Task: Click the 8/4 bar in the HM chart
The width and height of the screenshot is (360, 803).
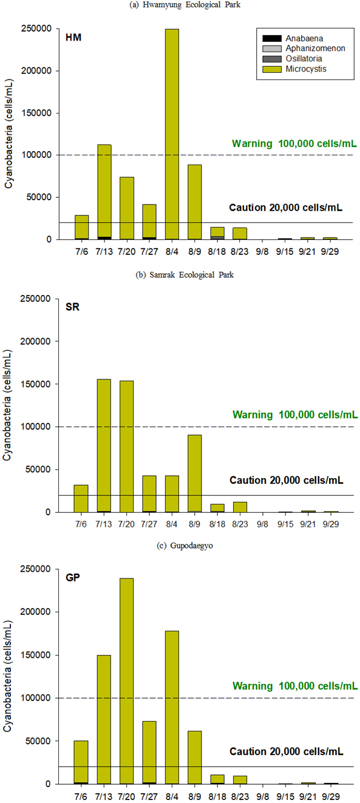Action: click(172, 134)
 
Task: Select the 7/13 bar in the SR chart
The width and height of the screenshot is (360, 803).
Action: click(104, 446)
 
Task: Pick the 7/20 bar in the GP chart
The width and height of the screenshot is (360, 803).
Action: click(126, 681)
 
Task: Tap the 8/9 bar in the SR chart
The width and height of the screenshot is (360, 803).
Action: click(194, 473)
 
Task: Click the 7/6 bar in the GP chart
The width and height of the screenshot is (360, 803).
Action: click(81, 762)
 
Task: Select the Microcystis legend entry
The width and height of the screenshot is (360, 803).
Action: click(294, 69)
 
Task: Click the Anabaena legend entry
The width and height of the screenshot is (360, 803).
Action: click(293, 38)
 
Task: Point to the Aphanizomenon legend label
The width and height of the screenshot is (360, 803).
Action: click(315, 49)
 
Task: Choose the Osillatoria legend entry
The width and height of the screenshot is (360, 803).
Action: click(292, 58)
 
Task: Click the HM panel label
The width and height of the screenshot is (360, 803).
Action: click(73, 37)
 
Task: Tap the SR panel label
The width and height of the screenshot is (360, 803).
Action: click(72, 307)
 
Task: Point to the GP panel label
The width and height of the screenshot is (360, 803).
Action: click(72, 577)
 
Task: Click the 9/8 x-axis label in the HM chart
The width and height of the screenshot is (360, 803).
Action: click(262, 252)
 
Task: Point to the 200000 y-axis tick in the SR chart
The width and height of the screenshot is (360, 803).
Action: click(35, 341)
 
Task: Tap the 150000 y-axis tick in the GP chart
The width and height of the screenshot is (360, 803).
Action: click(35, 655)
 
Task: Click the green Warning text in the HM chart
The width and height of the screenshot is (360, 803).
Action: click(294, 144)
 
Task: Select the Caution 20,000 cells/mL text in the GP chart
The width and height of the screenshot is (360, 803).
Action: click(286, 751)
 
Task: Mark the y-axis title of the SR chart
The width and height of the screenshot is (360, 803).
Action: click(7, 405)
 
